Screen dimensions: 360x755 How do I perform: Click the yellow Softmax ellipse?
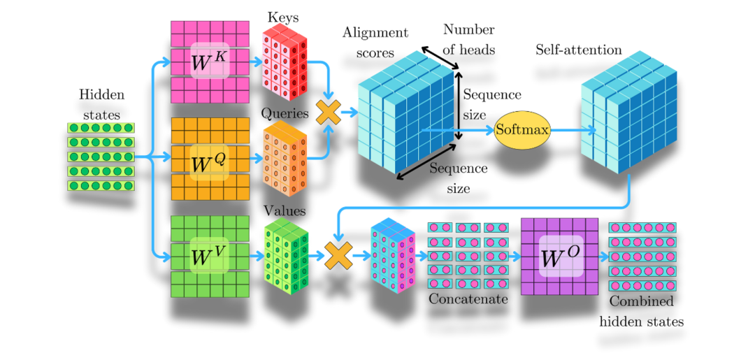click(522, 130)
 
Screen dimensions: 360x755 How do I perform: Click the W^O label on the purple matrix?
click(560, 257)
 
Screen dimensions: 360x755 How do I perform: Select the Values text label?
click(282, 209)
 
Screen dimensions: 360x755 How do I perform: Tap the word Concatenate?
click(468, 299)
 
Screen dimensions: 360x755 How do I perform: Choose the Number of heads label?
click(468, 39)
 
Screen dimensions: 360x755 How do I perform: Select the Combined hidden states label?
click(641, 311)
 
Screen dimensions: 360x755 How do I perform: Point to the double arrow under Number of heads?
click(440, 59)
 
